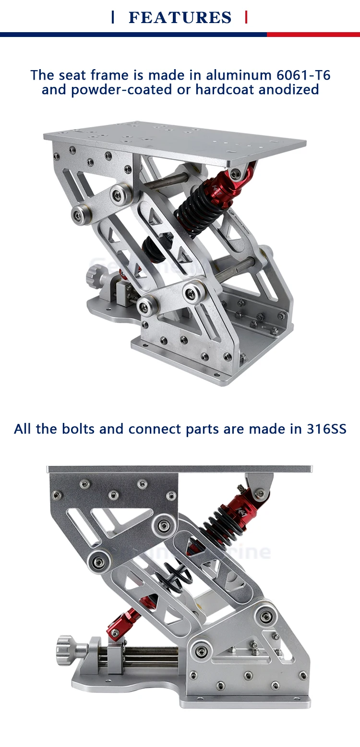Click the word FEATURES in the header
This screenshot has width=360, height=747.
click(180, 18)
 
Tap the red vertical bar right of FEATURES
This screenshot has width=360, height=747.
click(246, 18)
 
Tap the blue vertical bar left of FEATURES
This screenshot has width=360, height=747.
click(113, 18)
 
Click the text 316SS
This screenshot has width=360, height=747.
click(326, 429)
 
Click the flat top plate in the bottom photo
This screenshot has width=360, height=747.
click(180, 469)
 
